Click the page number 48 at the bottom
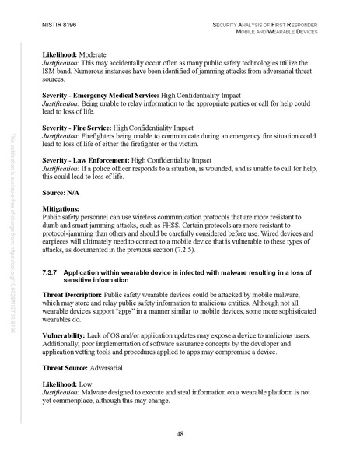[180, 433]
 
